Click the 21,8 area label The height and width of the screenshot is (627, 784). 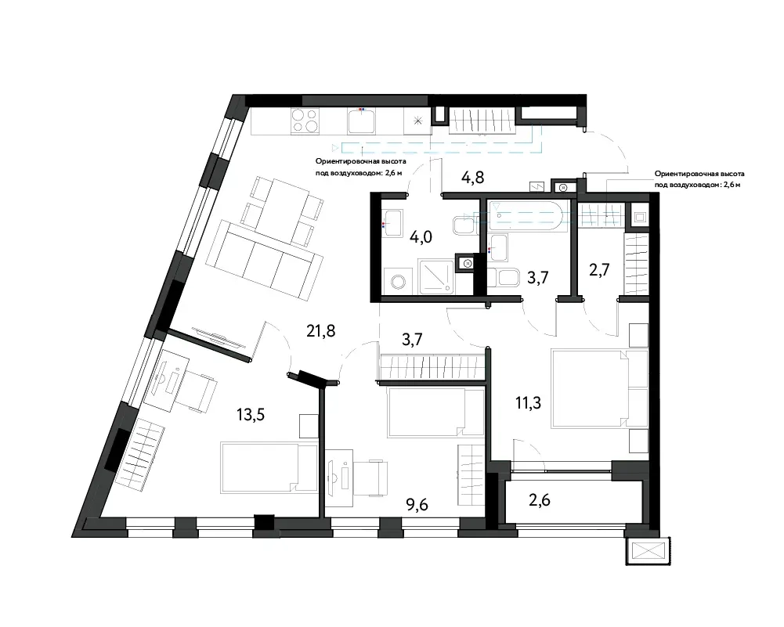(321, 330)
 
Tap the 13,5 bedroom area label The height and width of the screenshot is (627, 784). (251, 414)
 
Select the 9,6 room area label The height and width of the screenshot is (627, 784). (417, 505)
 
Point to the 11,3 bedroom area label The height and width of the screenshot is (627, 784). (528, 402)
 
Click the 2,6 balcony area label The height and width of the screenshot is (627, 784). (540, 499)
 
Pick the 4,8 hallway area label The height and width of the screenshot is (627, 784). (472, 177)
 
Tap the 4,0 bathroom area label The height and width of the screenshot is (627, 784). (421, 236)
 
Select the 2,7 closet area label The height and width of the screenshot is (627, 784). (599, 270)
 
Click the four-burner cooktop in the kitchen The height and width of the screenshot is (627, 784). (305, 121)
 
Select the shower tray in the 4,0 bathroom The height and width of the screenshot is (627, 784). (437, 276)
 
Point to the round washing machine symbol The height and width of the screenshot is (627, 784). (399, 283)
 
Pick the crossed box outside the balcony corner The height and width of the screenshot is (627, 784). (648, 551)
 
